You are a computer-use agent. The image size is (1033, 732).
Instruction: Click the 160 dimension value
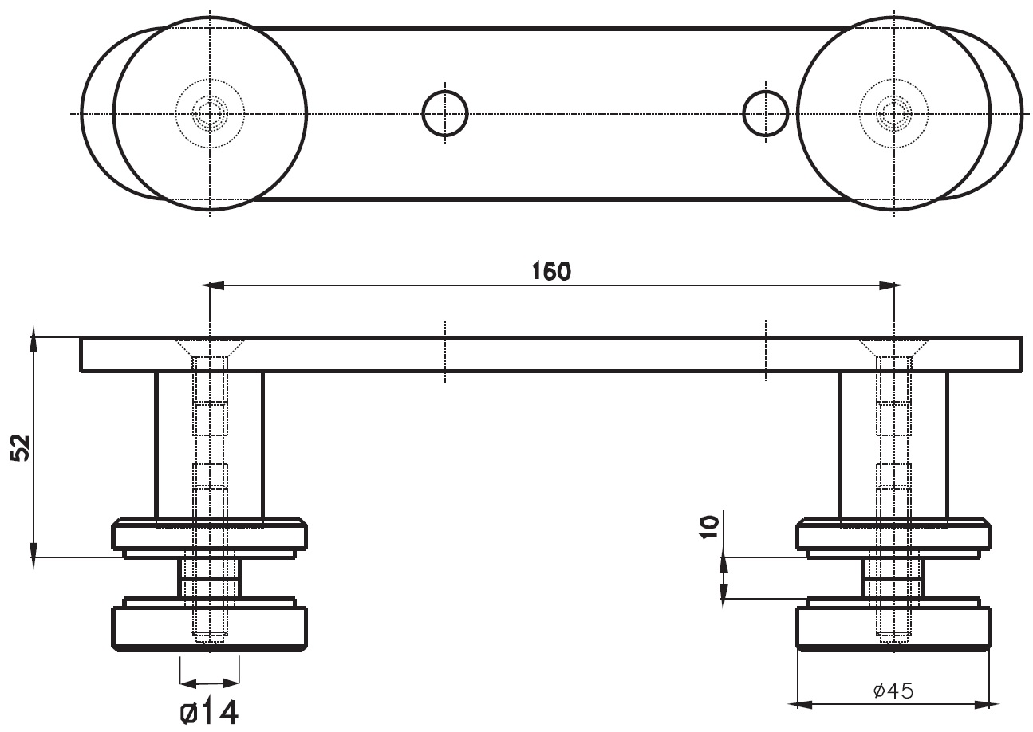(x=551, y=272)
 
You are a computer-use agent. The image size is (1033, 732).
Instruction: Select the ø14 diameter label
(x=209, y=712)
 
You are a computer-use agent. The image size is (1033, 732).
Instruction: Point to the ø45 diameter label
(x=893, y=691)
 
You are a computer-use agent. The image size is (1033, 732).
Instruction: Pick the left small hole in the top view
(x=444, y=114)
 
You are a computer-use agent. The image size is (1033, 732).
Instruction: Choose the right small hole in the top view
(x=765, y=114)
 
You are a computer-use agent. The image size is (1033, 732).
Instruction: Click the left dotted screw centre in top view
(x=209, y=114)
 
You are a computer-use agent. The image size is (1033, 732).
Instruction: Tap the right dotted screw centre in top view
(x=893, y=114)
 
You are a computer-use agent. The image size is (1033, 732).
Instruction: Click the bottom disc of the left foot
(x=209, y=628)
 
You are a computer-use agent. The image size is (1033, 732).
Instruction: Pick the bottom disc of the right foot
(x=893, y=628)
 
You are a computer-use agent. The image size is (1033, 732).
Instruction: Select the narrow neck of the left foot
(x=209, y=577)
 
